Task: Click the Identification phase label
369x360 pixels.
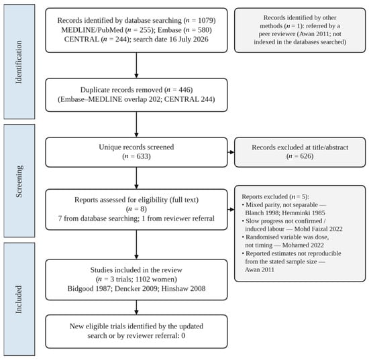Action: [19, 62]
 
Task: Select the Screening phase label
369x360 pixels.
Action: [19, 181]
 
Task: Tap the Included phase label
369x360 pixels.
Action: [19, 300]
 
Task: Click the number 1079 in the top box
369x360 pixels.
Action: [205, 21]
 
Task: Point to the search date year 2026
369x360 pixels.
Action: [200, 39]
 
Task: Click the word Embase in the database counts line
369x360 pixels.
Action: [170, 30]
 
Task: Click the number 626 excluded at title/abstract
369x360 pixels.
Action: [306, 156]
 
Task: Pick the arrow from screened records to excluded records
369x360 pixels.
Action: [231, 152]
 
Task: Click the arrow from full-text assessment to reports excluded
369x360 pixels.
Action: [231, 209]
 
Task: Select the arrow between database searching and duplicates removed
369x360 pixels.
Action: [136, 65]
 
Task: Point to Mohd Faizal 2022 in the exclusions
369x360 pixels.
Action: [319, 229]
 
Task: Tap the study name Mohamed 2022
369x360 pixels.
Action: [303, 245]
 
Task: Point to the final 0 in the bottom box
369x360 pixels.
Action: [183, 336]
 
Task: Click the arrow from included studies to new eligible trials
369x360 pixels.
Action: [136, 307]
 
